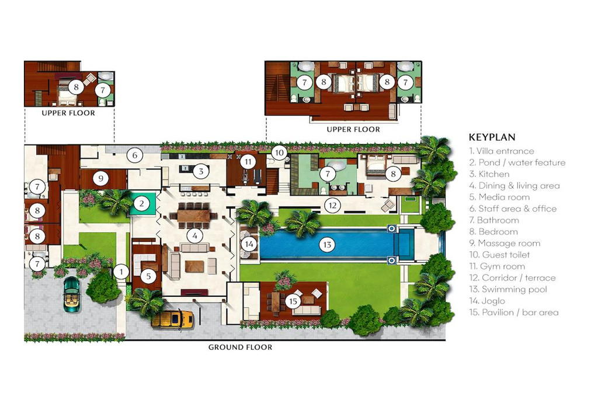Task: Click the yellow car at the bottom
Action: pos(172,319)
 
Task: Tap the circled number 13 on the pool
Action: pos(327,244)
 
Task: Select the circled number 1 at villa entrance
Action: pos(121,271)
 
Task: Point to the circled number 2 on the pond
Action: pos(141,203)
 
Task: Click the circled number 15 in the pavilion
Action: pos(293,301)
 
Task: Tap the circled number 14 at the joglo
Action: pos(250,244)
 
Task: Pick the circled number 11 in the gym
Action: pos(248,161)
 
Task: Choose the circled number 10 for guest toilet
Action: pos(279,153)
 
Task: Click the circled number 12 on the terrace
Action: pos(332,205)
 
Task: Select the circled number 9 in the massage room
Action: pos(100,178)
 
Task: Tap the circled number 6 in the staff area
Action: pos(135,155)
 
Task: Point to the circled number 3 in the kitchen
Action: pos(200,171)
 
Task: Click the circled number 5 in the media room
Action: pos(149,277)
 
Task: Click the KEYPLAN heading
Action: pos(492,138)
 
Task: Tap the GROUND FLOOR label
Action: pos(240,347)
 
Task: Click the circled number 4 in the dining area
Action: pos(193,235)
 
